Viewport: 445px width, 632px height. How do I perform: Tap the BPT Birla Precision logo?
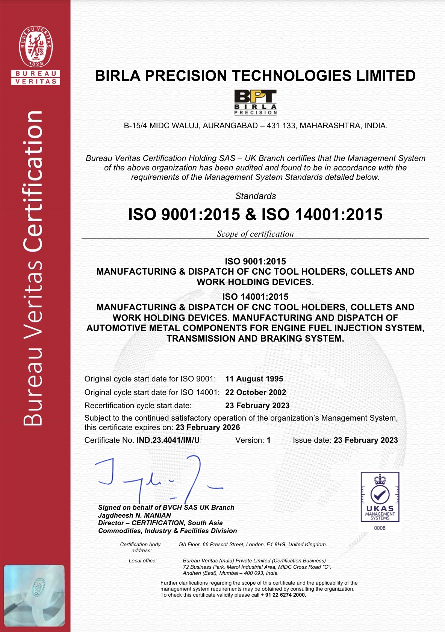coord(256,102)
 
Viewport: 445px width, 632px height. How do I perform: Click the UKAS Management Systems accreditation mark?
coord(380,497)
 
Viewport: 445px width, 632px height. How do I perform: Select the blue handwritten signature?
coord(158,478)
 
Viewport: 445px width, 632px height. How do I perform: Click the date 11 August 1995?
coord(254,379)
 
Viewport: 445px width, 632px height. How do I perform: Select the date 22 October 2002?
coord(256,392)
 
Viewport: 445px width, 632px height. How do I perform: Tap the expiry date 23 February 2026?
coord(207,427)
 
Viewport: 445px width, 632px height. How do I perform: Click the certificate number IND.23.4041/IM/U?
coord(168,440)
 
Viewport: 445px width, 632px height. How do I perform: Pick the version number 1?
coord(269,440)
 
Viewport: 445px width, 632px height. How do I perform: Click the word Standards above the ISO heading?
coord(256,196)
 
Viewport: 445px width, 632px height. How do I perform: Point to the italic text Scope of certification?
coord(255,234)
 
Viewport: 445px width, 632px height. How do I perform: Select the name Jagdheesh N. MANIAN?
coord(135,515)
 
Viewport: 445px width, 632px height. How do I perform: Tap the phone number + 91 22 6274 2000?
coord(283,595)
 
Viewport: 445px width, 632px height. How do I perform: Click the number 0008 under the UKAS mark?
coord(380,528)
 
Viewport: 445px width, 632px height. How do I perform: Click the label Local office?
coord(142,561)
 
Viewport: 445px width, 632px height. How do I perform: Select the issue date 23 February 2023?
coord(366,440)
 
